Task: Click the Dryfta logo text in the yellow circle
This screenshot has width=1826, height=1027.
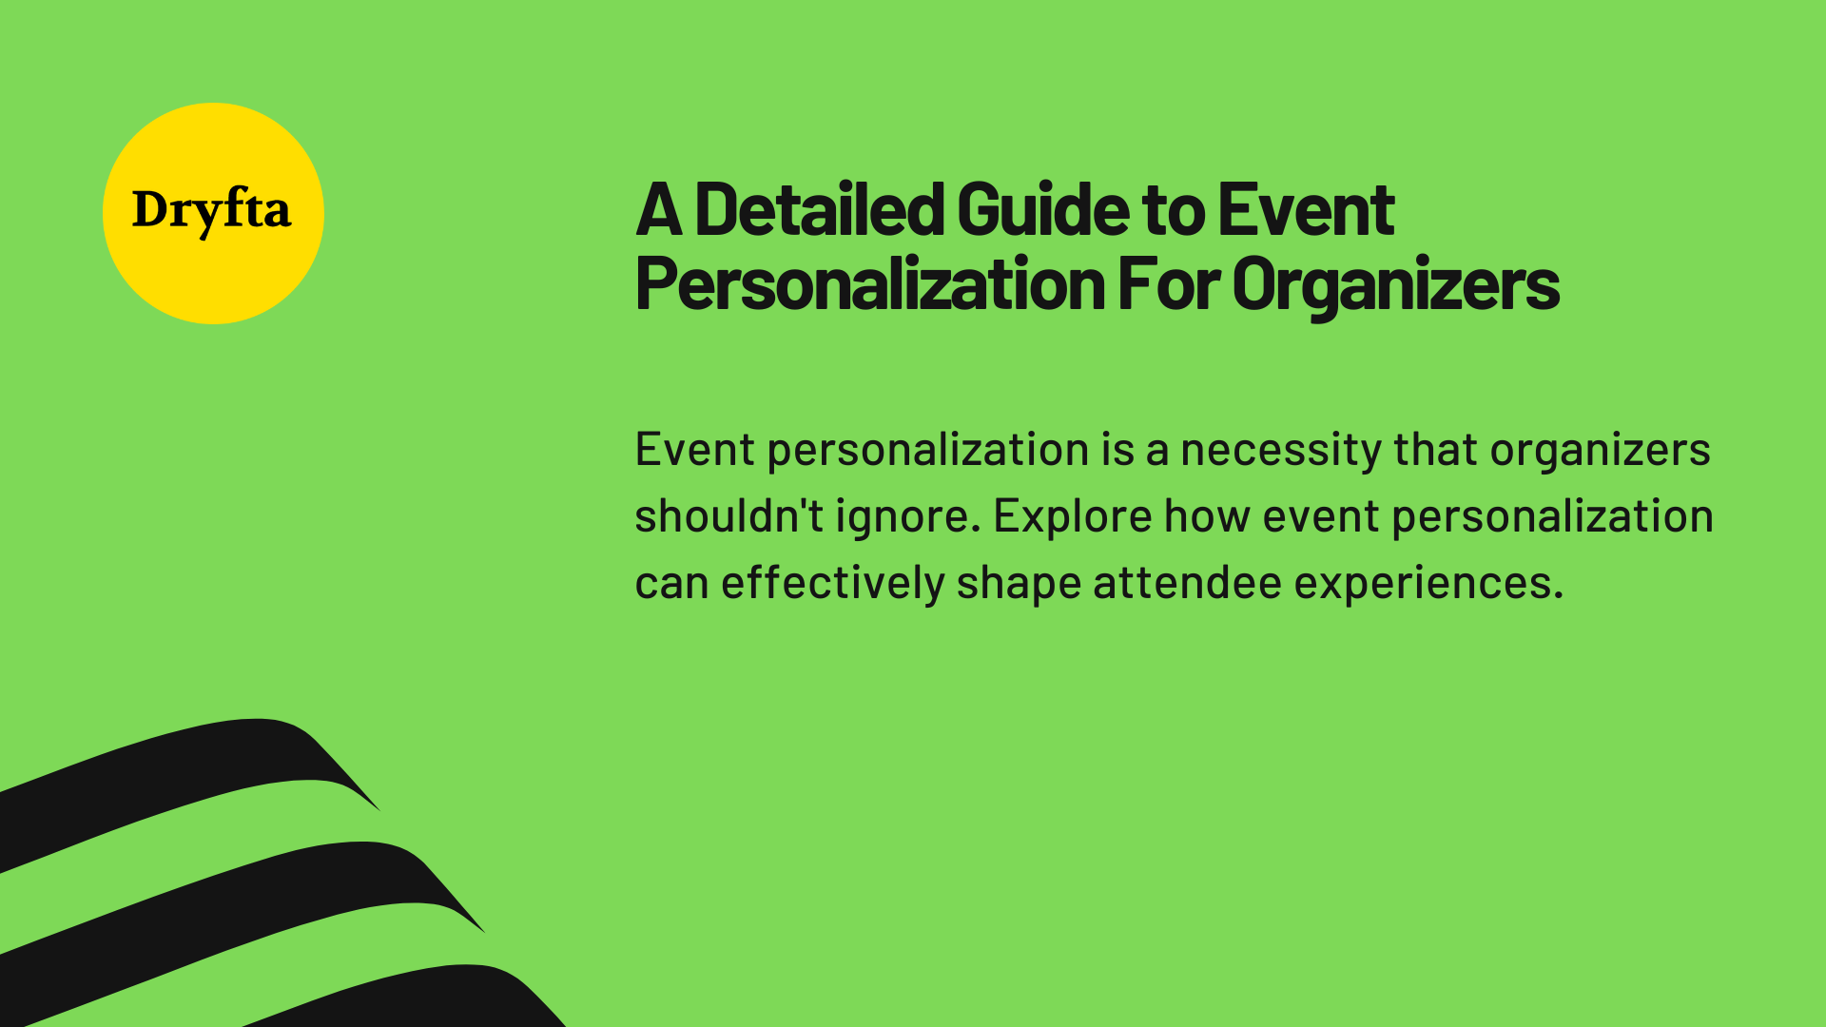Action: click(211, 210)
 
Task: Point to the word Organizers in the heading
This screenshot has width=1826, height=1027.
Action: click(1395, 283)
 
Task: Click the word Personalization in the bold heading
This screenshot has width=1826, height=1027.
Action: click(869, 283)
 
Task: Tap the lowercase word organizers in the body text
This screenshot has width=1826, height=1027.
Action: click(1600, 450)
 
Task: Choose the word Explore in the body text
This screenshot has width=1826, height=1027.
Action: click(1073, 516)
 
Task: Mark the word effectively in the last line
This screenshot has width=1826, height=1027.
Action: click(832, 583)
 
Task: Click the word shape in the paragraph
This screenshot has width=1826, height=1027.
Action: click(1018, 583)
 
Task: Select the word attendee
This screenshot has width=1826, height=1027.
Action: click(1187, 583)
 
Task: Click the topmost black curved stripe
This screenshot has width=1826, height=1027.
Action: click(190, 770)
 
